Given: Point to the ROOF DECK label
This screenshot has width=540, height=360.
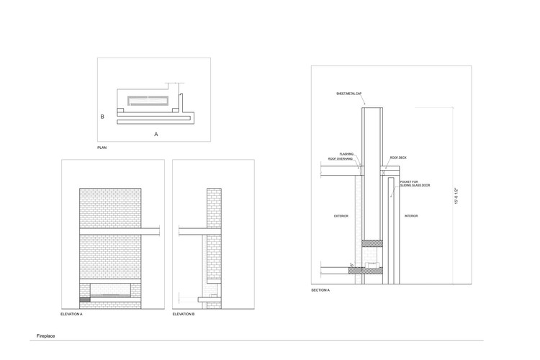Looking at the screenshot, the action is click(400, 157).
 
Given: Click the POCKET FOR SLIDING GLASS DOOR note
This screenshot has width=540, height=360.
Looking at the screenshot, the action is click(410, 184).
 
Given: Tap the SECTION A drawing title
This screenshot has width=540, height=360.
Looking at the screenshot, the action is click(320, 289).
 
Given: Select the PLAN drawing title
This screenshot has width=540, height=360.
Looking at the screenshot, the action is click(102, 148).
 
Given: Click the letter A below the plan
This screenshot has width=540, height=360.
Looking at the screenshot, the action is click(156, 134).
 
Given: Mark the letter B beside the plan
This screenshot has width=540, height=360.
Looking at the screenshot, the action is click(102, 116).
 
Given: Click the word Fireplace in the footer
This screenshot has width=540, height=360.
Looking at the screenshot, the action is click(46, 336).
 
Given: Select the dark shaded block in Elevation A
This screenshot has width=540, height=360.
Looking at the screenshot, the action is click(85, 298).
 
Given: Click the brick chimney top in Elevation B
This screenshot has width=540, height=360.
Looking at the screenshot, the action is click(214, 193).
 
